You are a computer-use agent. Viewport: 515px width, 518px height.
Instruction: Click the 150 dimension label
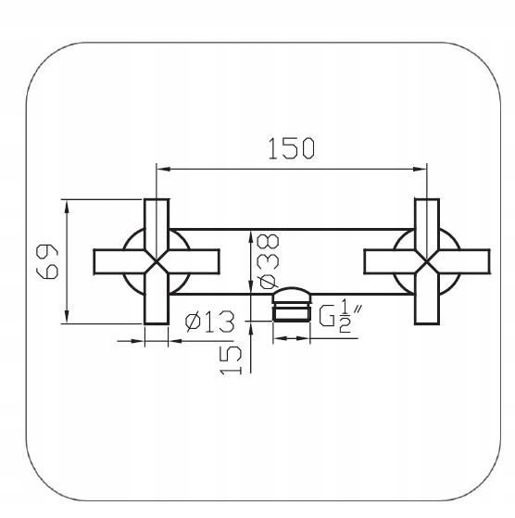tap(292, 148)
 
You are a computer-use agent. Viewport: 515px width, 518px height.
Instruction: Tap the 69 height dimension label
tap(47, 261)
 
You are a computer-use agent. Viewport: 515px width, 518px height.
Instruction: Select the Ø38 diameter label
tap(269, 261)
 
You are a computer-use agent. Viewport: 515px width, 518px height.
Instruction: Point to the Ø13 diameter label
tap(210, 322)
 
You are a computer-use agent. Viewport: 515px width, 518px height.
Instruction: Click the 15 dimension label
tap(231, 360)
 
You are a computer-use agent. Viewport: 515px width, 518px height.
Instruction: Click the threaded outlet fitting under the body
tap(292, 304)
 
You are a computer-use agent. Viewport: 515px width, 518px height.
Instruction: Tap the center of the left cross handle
tap(157, 261)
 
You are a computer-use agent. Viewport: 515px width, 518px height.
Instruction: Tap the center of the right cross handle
tap(427, 261)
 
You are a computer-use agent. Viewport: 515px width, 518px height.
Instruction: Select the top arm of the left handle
tap(157, 224)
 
